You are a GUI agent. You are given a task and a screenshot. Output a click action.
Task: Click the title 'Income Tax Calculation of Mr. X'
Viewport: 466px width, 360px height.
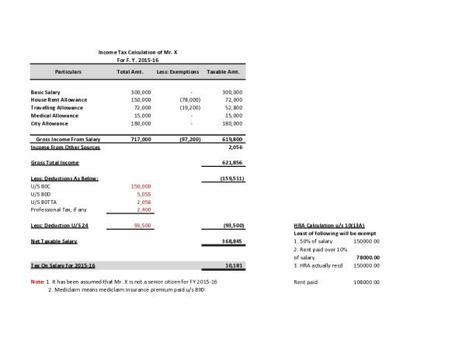143,51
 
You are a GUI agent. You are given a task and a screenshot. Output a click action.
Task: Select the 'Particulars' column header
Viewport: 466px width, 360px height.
68,71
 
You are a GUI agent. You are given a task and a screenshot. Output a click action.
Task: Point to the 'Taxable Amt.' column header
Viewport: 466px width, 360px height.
223,71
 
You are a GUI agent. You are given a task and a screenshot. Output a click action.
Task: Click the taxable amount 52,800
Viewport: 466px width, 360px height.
233,107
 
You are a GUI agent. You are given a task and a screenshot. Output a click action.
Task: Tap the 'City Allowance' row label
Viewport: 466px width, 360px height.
50,123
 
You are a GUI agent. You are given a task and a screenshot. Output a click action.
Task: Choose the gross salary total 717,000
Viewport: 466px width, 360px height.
141,139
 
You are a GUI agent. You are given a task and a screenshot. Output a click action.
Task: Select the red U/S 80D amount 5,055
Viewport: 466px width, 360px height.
142,194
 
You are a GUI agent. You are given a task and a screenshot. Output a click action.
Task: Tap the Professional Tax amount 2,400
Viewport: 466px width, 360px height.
142,209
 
